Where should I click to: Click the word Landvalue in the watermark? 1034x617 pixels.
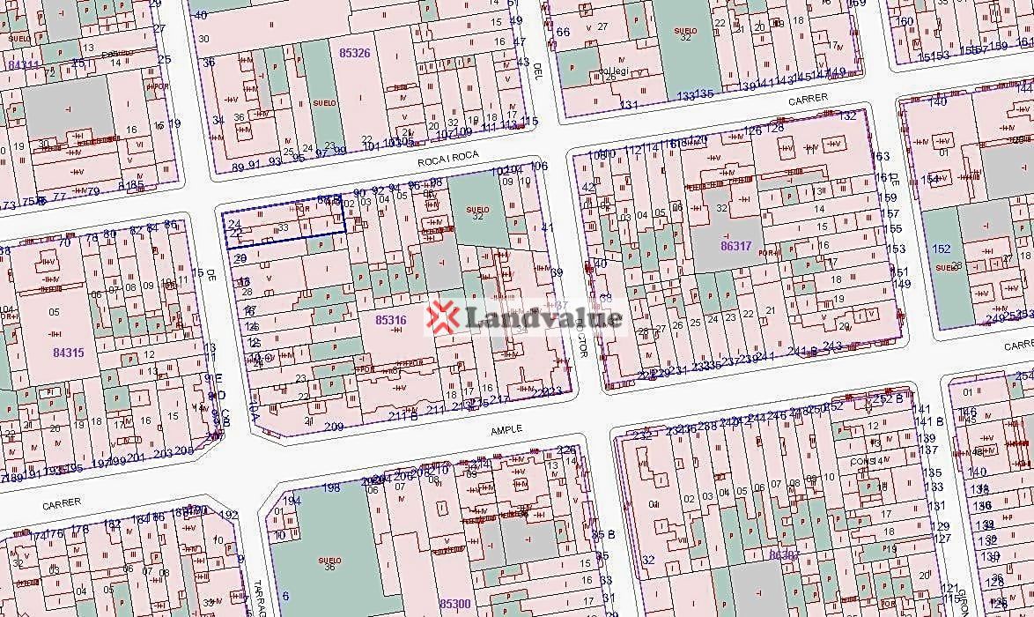(x=541, y=317)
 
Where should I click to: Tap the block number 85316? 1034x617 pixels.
(x=390, y=319)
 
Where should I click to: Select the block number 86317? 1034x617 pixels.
(x=736, y=246)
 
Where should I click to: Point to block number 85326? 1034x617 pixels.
(x=354, y=53)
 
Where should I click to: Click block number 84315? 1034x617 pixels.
(x=68, y=353)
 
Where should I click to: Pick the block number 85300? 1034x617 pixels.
(x=454, y=604)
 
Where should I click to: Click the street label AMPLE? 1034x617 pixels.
(x=507, y=428)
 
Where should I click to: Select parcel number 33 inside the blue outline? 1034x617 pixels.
(x=284, y=227)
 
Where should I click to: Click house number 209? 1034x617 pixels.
(x=334, y=427)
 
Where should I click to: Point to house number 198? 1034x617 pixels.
(x=331, y=487)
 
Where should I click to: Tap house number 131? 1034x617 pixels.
(x=628, y=105)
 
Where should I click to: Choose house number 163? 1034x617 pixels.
(x=880, y=156)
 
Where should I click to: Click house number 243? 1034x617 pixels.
(x=832, y=346)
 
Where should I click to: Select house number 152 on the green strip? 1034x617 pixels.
(x=942, y=249)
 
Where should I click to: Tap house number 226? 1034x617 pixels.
(x=568, y=450)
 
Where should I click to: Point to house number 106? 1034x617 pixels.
(x=539, y=166)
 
